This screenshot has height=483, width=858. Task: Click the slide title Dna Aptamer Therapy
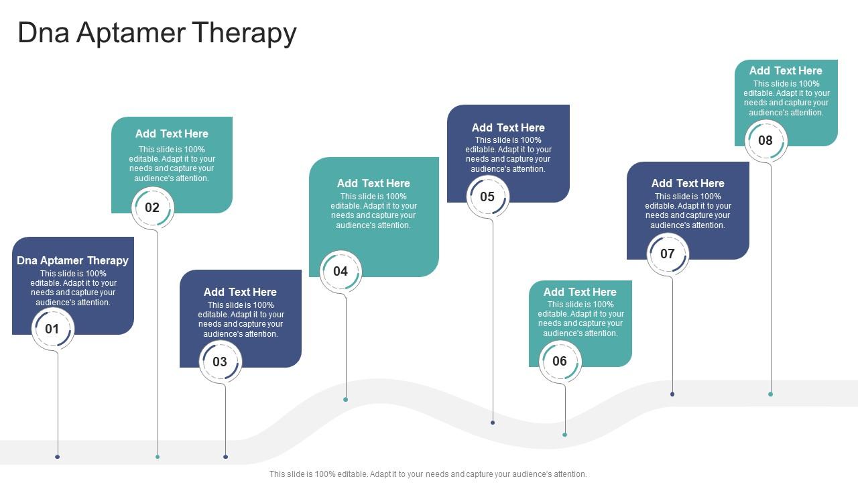pos(157,33)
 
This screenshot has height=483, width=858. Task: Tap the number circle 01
pos(52,329)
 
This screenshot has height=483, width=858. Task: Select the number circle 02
pos(152,207)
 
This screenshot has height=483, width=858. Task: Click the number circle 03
pos(220,362)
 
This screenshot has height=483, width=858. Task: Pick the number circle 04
pos(341,271)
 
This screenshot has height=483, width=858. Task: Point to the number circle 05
pos(487,197)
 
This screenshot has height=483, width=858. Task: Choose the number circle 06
pos(560,361)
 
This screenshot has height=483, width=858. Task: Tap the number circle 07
pos(668,254)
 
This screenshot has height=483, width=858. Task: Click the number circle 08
pos(765,140)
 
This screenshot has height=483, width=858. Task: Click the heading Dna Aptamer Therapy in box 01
pos(72,260)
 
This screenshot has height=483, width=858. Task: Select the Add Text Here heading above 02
pos(172,133)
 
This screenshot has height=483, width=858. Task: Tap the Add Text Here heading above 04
pos(373,183)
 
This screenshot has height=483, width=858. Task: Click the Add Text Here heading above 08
pos(786,70)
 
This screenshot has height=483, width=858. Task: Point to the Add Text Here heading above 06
pos(580,292)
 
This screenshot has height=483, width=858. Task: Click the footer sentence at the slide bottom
pos(428,474)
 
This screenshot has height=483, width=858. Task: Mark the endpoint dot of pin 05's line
pos(493,423)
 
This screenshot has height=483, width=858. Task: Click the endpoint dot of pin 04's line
pos(346,400)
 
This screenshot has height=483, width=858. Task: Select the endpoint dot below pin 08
pos(771,394)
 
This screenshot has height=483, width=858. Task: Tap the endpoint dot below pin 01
pos(58,457)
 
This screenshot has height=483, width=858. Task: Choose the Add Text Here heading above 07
pos(688,183)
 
